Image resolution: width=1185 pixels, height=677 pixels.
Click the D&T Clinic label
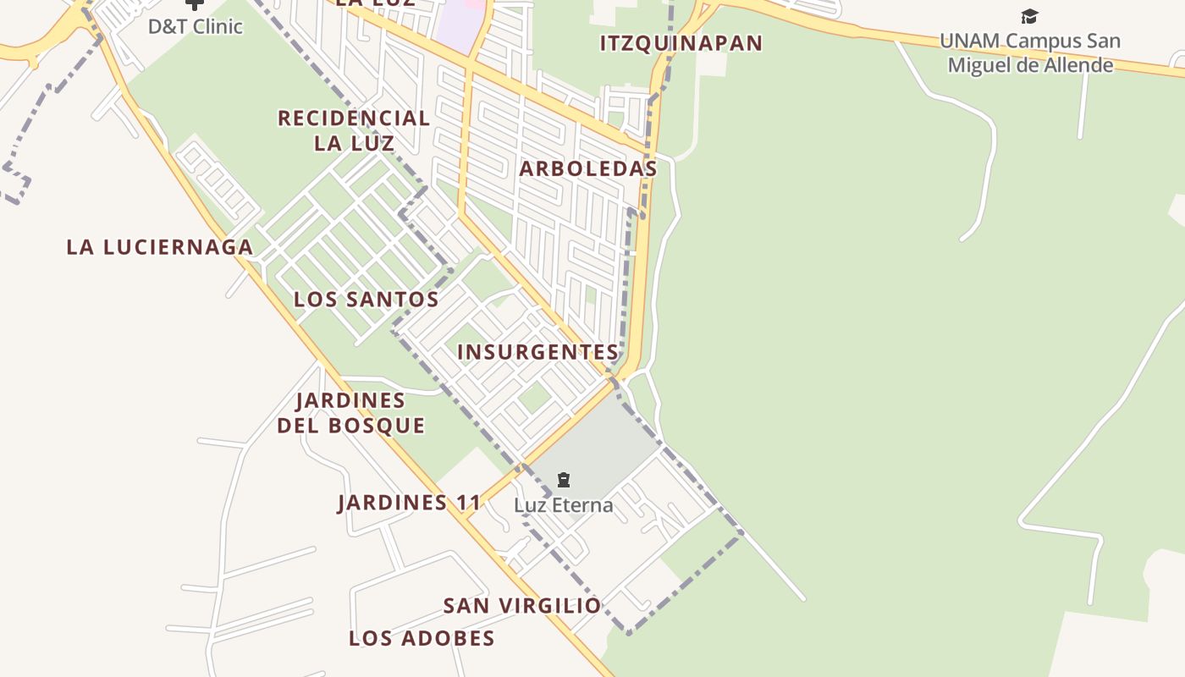coord(196,26)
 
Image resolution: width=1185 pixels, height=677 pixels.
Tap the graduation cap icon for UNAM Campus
coord(1029,16)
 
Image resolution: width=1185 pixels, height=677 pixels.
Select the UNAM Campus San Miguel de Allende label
coord(1030,52)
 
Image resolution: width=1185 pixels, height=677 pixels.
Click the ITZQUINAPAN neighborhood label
coord(681,43)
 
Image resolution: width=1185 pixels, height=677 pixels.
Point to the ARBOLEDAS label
coord(588,168)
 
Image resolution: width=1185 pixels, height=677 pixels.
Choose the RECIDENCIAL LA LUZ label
coord(354,130)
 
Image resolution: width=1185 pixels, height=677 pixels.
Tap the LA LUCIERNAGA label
coord(160,247)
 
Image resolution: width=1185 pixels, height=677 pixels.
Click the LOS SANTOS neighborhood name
coord(367,299)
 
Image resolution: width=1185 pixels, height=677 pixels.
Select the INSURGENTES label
coord(538,352)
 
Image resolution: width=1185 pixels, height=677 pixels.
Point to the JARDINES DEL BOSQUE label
coord(351,412)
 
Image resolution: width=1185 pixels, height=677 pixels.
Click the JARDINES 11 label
coord(410,503)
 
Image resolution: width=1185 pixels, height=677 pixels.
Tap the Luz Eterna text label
coord(564,506)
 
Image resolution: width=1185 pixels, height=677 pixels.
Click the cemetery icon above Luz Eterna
coord(564,481)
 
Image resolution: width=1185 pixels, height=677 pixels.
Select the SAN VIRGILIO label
coord(522,606)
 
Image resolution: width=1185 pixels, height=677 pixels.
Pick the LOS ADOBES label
coord(422,638)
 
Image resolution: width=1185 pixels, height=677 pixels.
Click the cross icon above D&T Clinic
coord(195,4)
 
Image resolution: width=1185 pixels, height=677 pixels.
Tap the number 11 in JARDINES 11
coord(468,503)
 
